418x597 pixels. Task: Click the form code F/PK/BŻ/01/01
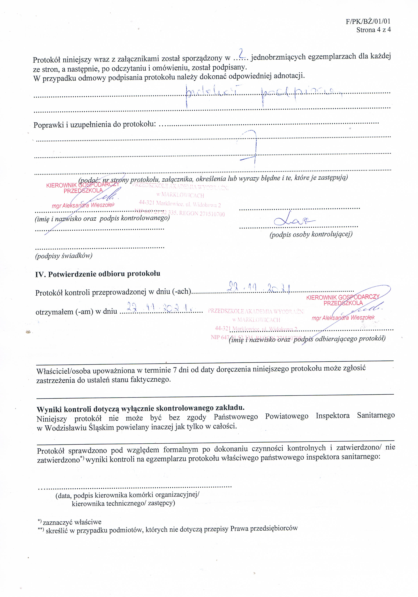(x=368, y=21)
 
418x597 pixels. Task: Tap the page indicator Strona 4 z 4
(x=373, y=30)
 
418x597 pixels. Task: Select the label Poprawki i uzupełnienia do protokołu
(x=95, y=125)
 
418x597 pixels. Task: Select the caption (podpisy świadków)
(x=64, y=256)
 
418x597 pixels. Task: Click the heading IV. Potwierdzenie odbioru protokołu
(x=98, y=274)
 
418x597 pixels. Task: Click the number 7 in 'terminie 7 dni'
(x=175, y=370)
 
